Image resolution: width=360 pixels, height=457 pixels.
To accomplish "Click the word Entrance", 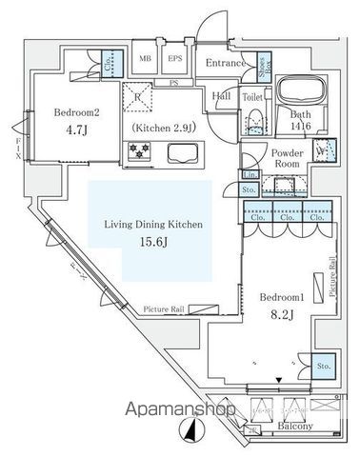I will tap(228, 64).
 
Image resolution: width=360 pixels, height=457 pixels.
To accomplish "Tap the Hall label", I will tap(222, 96).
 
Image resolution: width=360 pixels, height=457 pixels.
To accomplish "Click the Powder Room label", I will tap(287, 158).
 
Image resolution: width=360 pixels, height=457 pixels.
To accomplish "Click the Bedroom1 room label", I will tap(282, 296).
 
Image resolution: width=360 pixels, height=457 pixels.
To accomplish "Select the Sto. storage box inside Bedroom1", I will tap(324, 366).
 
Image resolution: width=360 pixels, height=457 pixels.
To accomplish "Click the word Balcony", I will tap(296, 427).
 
